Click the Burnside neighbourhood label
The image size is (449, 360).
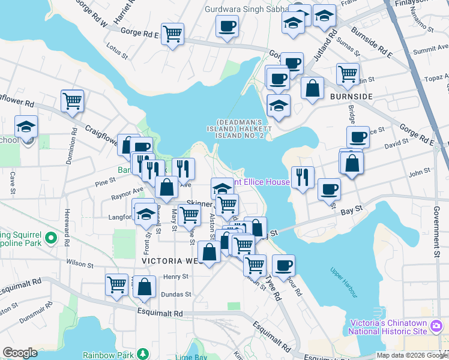click(x=351, y=96)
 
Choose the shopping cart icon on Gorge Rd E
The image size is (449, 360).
click(x=173, y=34)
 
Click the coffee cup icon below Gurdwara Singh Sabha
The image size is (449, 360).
click(x=227, y=26)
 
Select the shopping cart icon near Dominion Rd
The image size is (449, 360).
click(x=72, y=100)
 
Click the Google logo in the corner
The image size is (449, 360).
click(x=19, y=353)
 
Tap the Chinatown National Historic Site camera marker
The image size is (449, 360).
click(x=436, y=327)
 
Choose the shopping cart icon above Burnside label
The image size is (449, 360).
click(x=348, y=74)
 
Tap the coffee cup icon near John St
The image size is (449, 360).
click(x=328, y=189)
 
